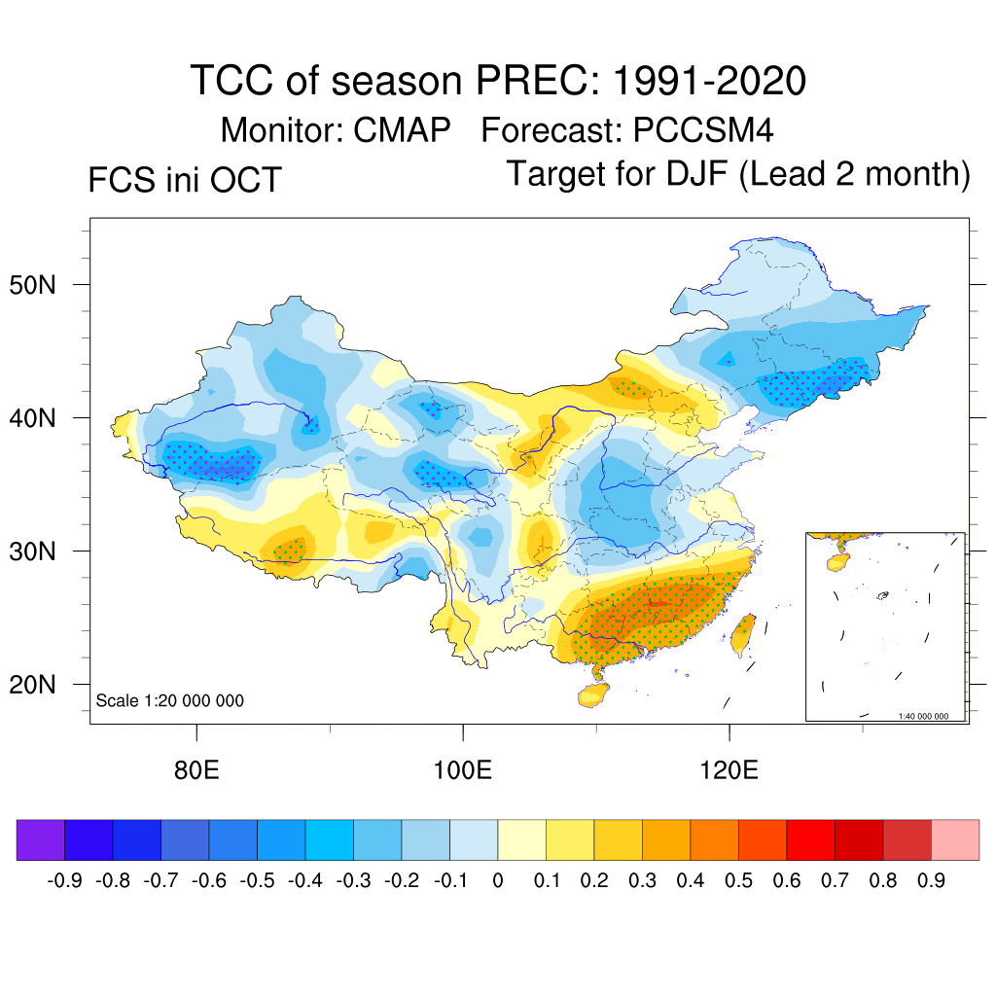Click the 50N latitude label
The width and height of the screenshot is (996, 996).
[41, 285]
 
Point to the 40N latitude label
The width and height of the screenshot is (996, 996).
[41, 418]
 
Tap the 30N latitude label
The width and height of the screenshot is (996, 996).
[41, 551]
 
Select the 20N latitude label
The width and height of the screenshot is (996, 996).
[41, 685]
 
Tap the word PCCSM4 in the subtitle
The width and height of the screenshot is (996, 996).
[703, 130]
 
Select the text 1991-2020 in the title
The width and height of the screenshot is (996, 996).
[709, 81]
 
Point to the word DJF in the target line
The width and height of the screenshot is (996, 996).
[694, 174]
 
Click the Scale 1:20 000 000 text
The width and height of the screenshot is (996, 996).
[170, 700]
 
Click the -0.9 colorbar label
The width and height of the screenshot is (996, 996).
[64, 881]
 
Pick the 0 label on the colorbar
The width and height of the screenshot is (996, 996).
[498, 881]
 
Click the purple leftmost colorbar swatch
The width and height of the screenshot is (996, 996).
[41, 839]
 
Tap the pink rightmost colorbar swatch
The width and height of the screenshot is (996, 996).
[955, 839]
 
